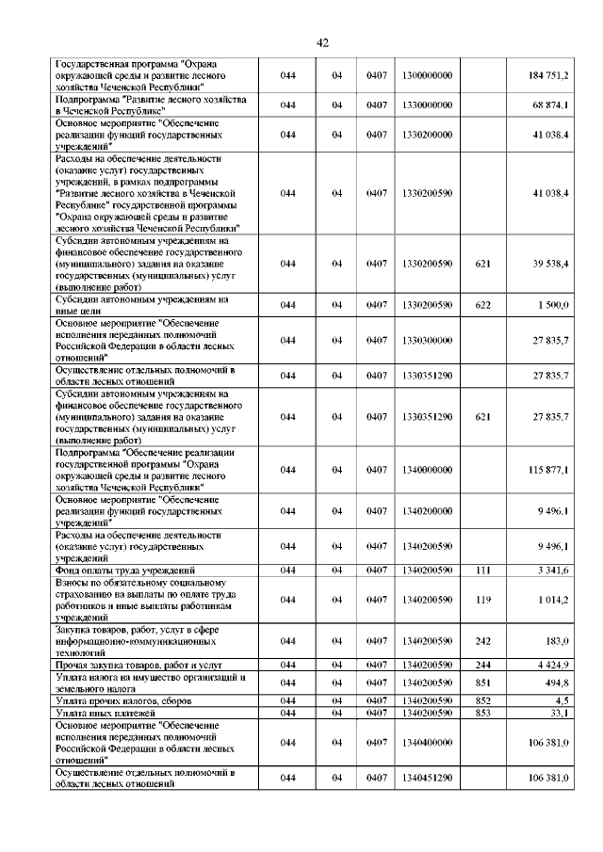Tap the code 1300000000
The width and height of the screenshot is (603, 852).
tap(427, 75)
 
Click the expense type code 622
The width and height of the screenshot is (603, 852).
tap(483, 305)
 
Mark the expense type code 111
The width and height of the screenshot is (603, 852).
tap(483, 571)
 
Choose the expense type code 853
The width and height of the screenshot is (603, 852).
tap(483, 713)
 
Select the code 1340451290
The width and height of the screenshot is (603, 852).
tap(427, 778)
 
